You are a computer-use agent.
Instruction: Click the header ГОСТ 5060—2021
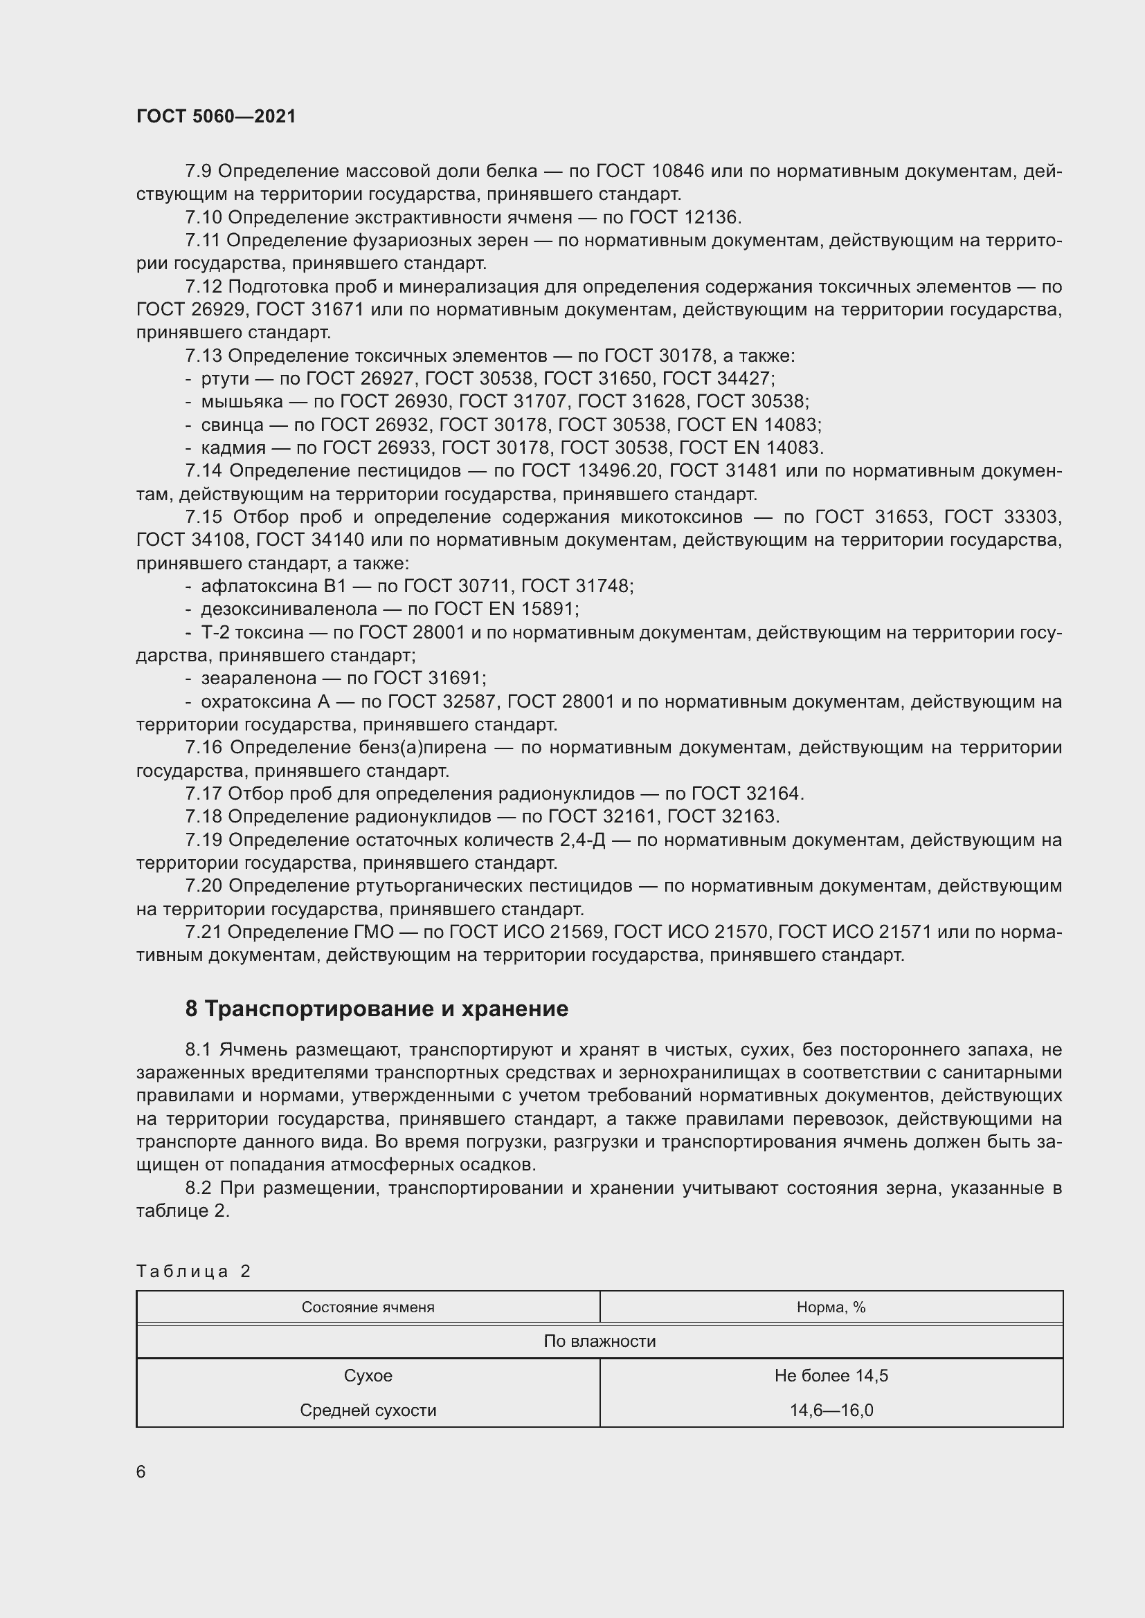[x=216, y=116]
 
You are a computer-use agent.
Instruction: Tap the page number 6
[x=141, y=1471]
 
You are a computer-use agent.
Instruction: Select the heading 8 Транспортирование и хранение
[x=377, y=1009]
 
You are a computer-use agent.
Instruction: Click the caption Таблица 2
[x=193, y=1271]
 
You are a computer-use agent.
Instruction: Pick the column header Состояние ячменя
[x=368, y=1307]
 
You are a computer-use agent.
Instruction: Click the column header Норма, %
[x=831, y=1307]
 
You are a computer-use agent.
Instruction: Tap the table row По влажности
[x=599, y=1341]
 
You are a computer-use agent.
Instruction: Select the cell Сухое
[x=368, y=1376]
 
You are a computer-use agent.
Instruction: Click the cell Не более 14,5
[x=831, y=1376]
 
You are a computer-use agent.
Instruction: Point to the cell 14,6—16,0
[x=831, y=1410]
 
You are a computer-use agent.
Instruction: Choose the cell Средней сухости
[x=368, y=1410]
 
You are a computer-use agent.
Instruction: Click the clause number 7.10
[x=203, y=217]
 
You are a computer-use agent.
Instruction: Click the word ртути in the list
[x=225, y=379]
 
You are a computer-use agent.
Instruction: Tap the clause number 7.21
[x=203, y=932]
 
